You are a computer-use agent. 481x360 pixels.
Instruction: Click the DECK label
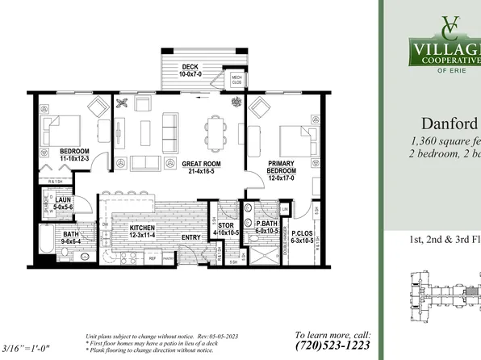pyautogui.click(x=190, y=67)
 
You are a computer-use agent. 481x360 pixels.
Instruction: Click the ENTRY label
pyautogui.click(x=191, y=237)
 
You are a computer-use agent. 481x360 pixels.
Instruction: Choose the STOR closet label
pyautogui.click(x=226, y=226)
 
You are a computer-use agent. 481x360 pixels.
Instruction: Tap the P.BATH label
pyautogui.click(x=267, y=226)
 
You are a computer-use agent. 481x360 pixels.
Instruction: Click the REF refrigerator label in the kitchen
pyautogui.click(x=152, y=258)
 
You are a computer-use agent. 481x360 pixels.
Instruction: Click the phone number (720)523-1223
pyautogui.click(x=333, y=345)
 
